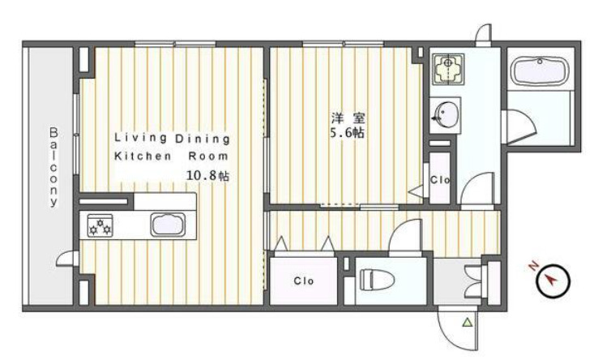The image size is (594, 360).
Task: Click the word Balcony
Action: pos(53,167)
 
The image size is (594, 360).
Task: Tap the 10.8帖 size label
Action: pos(207,175)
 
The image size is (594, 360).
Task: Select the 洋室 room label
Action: pos(348,118)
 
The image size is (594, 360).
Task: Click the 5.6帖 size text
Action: pos(348,133)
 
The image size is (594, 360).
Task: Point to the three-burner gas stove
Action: pos(100,225)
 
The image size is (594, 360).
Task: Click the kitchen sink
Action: pos(168,225)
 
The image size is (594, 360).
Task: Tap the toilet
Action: pos(377,280)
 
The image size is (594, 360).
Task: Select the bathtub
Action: pos(540,71)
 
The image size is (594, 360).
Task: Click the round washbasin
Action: pos(447,114)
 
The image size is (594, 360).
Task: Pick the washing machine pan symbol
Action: pos(448,69)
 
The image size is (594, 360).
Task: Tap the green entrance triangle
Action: pos(468,323)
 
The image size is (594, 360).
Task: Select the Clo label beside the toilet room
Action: pos(303,281)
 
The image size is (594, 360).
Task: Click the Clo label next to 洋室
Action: pos(440,179)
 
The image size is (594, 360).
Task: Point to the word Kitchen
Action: pos(143,156)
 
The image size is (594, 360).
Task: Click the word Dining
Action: pos(203,139)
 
